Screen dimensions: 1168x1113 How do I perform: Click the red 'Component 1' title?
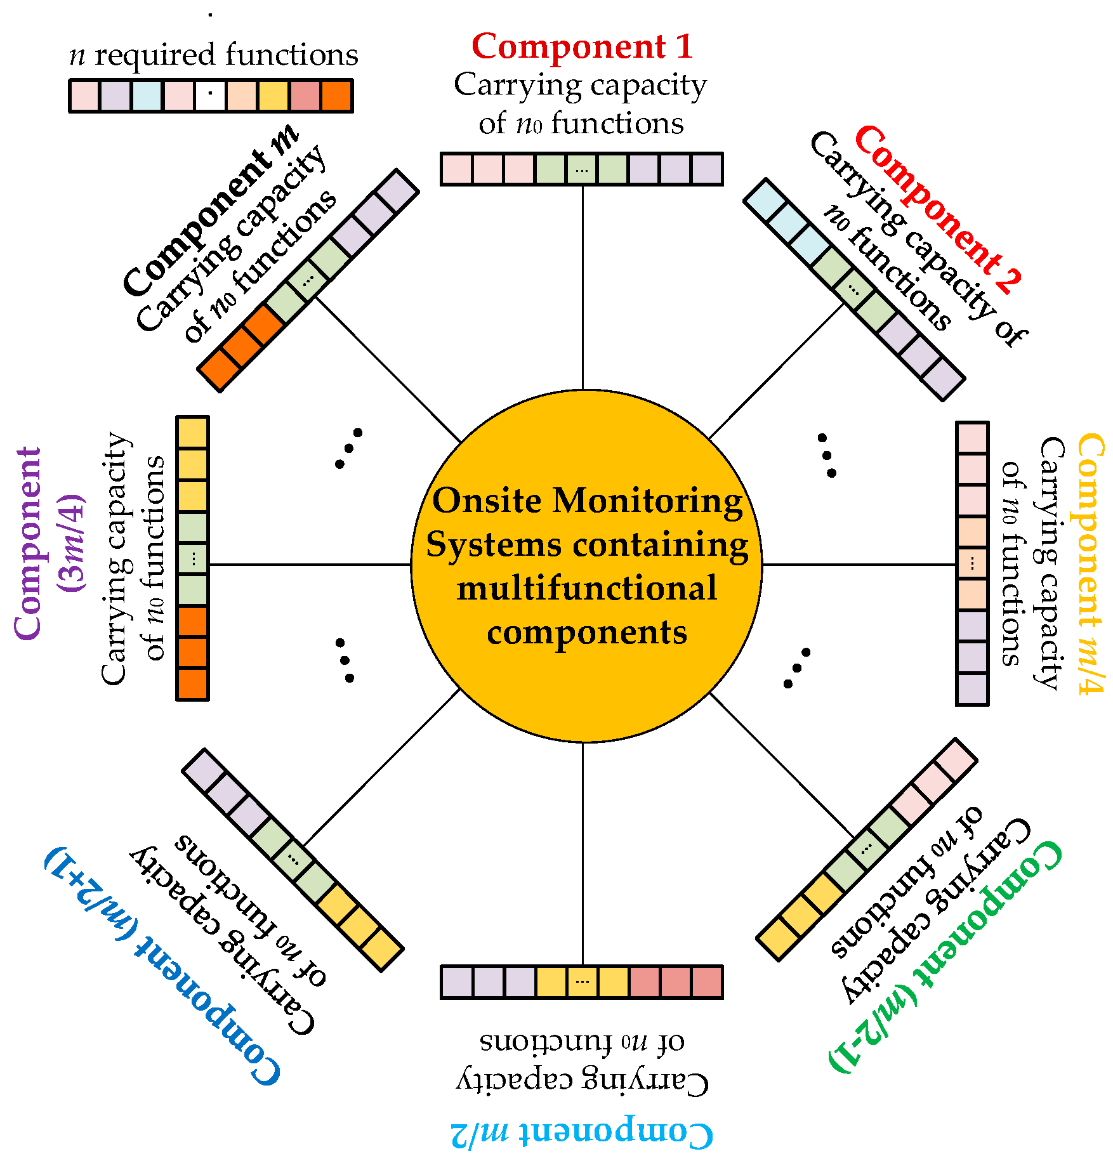(582, 47)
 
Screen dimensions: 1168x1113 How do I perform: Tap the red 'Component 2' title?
(938, 209)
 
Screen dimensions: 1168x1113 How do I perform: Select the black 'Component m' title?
(209, 213)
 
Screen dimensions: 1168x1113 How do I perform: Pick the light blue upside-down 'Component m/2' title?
(582, 1132)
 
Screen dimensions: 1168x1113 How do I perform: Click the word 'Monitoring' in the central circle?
(647, 501)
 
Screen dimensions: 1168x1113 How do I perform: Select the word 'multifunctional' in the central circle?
(586, 588)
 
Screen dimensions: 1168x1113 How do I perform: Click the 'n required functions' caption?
(213, 55)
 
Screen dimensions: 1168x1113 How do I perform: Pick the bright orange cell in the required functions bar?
(336, 96)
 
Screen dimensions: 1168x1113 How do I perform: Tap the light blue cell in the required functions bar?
(147, 96)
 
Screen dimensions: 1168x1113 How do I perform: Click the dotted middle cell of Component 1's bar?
(582, 169)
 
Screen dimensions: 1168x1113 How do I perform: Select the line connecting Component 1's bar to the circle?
(583, 285)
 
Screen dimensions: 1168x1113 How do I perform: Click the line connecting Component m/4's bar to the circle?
(860, 564)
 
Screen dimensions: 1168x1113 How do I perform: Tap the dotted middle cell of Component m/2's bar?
(582, 982)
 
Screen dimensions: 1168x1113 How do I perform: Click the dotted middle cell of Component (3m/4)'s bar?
(193, 559)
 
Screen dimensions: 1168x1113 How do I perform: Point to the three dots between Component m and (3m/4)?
(348, 449)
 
